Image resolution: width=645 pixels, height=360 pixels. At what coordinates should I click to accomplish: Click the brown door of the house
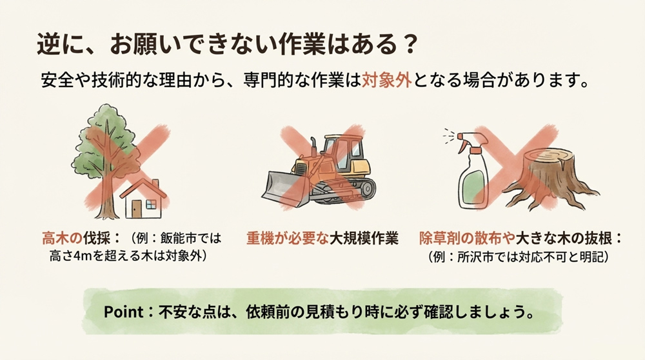[x=137, y=208]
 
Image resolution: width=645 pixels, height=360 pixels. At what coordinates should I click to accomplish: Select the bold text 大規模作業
[x=363, y=238]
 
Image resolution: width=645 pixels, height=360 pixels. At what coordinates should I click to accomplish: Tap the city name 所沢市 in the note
[x=475, y=256]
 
